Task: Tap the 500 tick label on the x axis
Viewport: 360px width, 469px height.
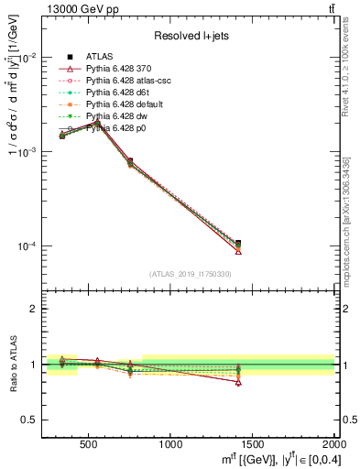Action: pos(89,445)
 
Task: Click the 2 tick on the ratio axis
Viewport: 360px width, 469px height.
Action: pos(35,309)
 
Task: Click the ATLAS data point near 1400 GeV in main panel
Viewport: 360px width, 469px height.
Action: pos(238,244)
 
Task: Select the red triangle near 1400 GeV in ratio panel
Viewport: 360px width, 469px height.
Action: pos(238,382)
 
